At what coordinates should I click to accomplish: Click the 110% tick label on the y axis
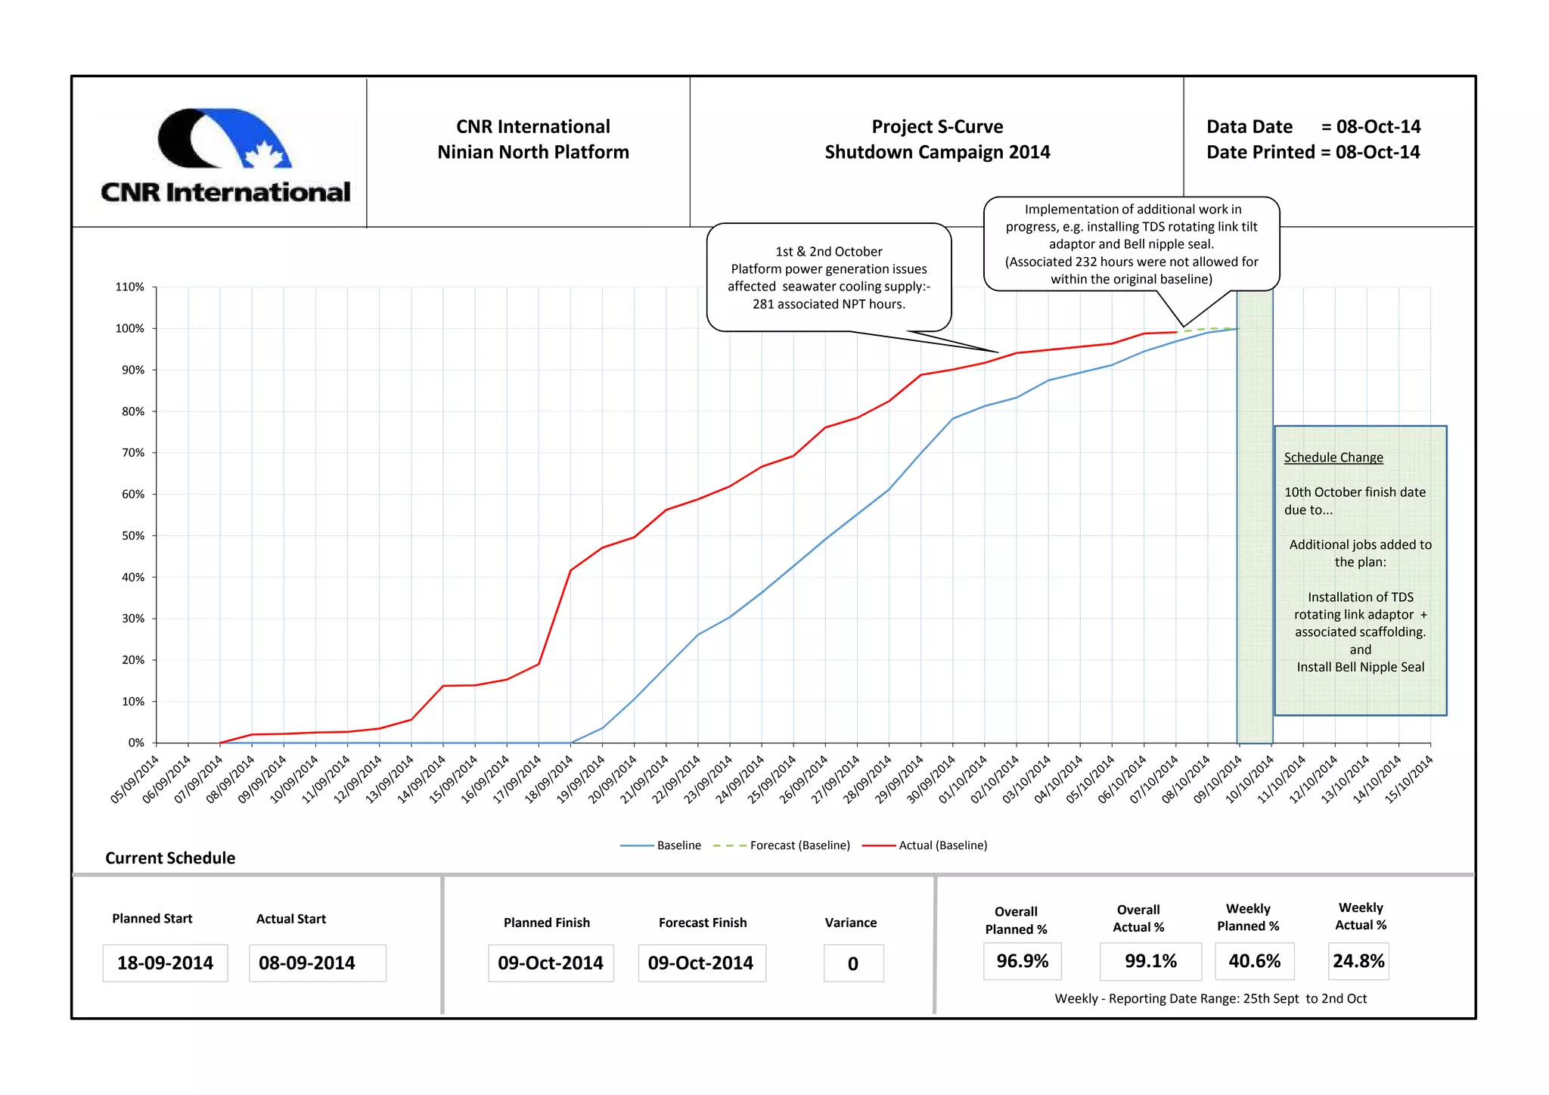(129, 287)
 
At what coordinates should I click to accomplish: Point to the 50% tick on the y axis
(133, 536)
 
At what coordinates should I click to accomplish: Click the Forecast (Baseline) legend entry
(783, 845)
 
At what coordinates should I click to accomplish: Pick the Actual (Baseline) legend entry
(927, 845)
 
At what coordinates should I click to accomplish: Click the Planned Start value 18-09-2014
(165, 963)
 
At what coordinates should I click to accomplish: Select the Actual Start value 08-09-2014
(307, 963)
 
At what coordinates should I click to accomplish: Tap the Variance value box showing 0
(853, 964)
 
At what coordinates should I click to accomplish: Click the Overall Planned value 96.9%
(1023, 961)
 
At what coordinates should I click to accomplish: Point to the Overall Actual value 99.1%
(1150, 961)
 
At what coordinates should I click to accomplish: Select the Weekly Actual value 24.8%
(1358, 961)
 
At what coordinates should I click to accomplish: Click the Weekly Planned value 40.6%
(1255, 961)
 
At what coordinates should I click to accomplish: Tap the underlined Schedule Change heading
(1333, 458)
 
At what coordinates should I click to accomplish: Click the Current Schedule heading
(170, 858)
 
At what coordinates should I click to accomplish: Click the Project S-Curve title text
(937, 126)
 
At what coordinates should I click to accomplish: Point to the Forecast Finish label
(703, 923)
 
